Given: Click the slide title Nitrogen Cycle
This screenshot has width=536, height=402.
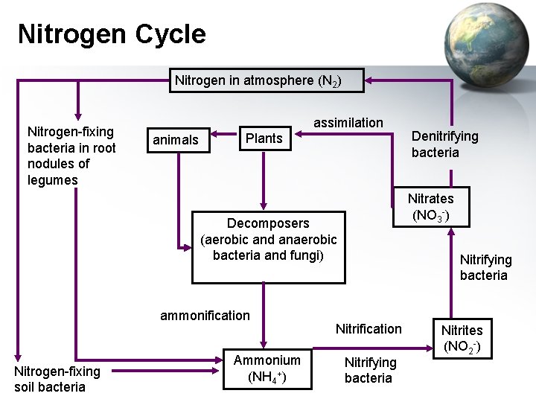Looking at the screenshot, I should pos(112,33).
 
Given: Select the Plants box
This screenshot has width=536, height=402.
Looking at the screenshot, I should pos(264,138).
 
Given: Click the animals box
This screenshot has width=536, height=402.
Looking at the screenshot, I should pos(176,139).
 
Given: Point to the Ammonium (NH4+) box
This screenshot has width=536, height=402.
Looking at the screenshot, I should pos(267,368).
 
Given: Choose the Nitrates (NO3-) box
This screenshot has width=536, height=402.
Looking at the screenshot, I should pos(430,207).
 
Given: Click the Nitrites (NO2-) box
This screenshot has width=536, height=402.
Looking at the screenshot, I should pos(462,337).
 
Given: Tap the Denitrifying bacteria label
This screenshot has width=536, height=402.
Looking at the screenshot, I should pos(445,144).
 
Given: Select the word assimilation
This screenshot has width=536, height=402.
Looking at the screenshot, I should pos(348,122).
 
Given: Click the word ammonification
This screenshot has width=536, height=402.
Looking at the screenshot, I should pos(205,315).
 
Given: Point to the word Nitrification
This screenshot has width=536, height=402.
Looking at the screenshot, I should pos(368,328).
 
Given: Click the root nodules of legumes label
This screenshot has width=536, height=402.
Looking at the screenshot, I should pos(71,156).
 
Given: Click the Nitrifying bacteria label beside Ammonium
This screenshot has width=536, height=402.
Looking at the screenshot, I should pos(370,370).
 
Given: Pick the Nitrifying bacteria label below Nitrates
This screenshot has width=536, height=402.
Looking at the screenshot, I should pos(485,267).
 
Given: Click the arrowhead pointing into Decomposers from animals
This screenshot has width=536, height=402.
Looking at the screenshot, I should pos(185,246).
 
